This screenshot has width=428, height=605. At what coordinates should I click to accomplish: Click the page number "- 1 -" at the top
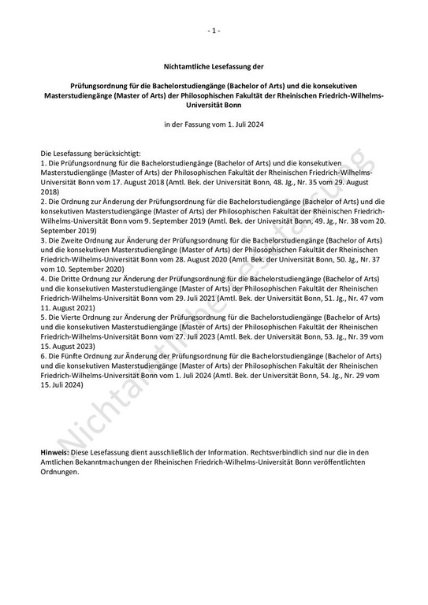tap(214, 31)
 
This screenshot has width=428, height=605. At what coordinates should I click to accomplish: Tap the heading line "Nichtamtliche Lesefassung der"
tap(214, 69)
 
